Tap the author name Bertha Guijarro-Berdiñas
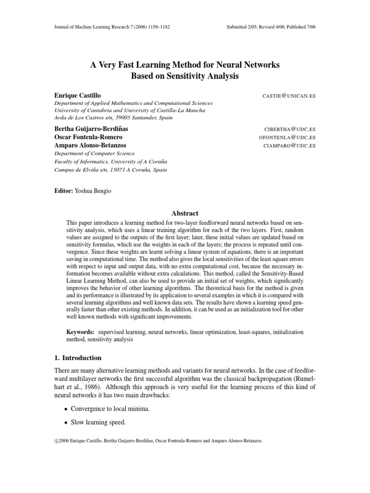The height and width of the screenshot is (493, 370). click(x=95, y=130)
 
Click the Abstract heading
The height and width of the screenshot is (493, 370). click(x=185, y=213)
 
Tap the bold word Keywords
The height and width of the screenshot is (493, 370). click(x=80, y=332)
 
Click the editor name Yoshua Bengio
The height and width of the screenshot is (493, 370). click(x=96, y=191)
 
